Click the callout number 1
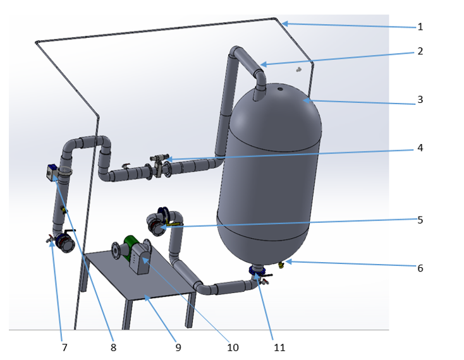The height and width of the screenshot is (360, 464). tap(420, 27)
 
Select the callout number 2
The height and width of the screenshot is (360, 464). tap(420, 51)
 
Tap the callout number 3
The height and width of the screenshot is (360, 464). tap(420, 100)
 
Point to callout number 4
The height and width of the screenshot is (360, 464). tap(420, 148)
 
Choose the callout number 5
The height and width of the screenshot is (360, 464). tap(420, 220)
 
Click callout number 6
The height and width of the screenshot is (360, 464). tap(420, 268)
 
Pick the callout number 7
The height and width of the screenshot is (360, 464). tap(64, 347)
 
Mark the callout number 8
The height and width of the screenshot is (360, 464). tap(113, 347)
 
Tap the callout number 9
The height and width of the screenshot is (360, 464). tap(178, 347)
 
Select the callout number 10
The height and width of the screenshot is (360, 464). tap(233, 347)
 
